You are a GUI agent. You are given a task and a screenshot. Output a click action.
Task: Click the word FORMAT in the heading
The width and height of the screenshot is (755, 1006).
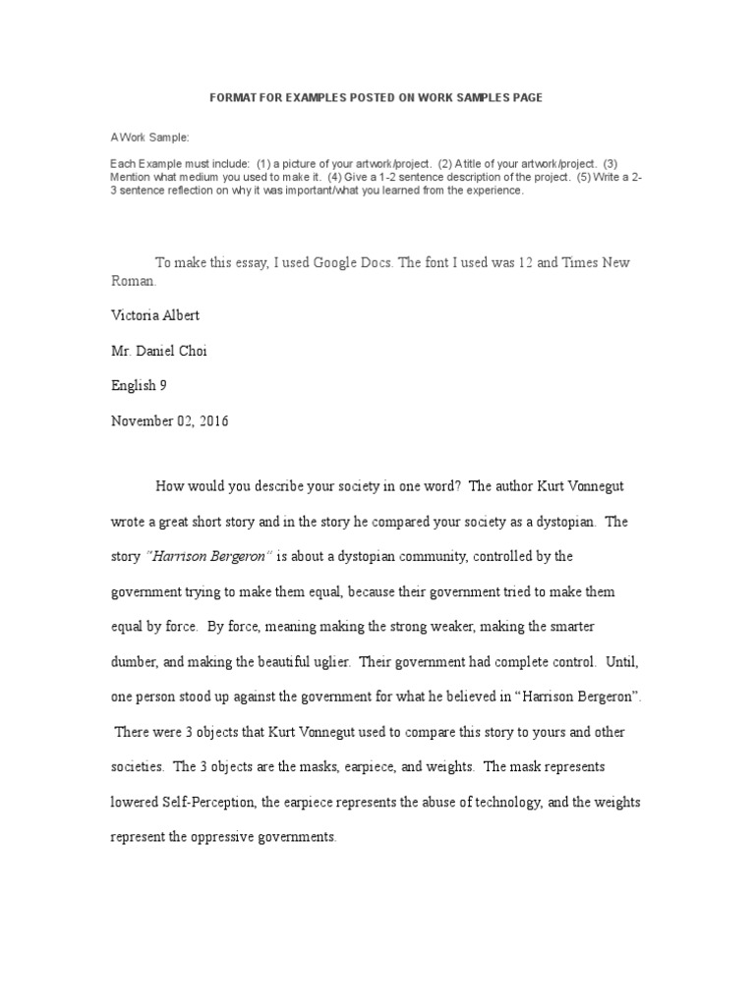coord(237,98)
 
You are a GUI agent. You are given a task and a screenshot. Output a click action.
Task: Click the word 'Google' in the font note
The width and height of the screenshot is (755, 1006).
coord(339,262)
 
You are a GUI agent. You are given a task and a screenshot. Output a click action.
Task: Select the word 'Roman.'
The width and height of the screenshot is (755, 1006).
coord(133,280)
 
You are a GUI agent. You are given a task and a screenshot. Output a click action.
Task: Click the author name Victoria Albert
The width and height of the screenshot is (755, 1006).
coord(154,315)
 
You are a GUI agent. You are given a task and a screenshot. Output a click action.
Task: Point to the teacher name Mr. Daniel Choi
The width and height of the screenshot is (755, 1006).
coord(159,351)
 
